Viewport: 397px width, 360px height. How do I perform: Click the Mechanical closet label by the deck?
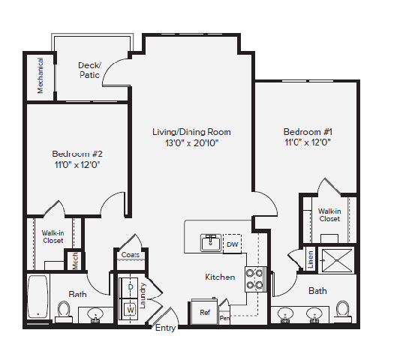[41, 76]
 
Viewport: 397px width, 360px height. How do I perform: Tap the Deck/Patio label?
[89, 70]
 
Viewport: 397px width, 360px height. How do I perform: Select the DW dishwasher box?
[232, 243]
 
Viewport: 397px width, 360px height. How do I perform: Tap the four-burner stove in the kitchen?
[255, 279]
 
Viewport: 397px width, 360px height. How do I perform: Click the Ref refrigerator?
[204, 311]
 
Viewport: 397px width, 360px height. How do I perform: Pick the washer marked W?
[130, 308]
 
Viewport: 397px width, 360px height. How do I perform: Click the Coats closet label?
[130, 255]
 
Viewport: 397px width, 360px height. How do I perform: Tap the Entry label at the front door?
[165, 328]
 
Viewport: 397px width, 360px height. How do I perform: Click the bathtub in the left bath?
[38, 295]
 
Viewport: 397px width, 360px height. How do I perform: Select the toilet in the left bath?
[64, 310]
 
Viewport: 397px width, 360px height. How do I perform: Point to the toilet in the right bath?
[343, 309]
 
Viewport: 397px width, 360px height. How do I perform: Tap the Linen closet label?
[310, 259]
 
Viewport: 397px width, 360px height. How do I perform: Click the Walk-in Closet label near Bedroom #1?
[329, 215]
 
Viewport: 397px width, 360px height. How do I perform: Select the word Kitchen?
[220, 277]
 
